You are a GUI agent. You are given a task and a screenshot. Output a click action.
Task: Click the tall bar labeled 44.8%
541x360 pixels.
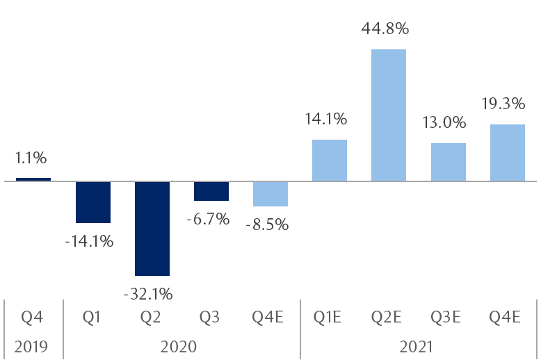[389, 115]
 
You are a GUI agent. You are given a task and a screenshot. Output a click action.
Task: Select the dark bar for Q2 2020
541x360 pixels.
[152, 229]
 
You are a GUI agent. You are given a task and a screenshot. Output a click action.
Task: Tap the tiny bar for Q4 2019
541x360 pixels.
[33, 179]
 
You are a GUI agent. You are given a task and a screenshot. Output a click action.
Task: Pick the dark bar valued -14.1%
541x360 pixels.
[93, 202]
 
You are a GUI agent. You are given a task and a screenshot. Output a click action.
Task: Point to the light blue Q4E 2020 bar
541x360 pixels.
[270, 194]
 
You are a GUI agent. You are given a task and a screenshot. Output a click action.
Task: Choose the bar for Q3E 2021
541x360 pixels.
[449, 162]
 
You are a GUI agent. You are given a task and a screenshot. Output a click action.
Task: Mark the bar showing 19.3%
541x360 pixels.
[508, 153]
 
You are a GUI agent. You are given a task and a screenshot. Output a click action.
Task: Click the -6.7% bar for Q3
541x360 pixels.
[211, 191]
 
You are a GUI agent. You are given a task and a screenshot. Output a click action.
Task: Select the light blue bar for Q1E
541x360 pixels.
[330, 161]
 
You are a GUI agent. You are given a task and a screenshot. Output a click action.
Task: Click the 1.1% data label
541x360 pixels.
[31, 158]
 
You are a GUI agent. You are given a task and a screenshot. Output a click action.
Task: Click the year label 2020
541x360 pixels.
[181, 345]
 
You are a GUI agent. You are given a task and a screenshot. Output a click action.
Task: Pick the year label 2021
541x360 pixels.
[419, 345]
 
